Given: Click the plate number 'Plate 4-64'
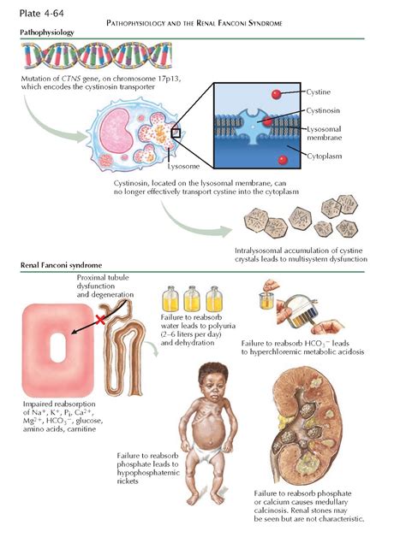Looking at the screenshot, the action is [x=41, y=14].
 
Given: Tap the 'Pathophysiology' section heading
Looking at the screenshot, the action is [x=47, y=32].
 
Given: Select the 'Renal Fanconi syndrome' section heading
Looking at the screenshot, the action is [x=61, y=265].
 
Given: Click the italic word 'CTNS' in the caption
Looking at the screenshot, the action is [x=71, y=79].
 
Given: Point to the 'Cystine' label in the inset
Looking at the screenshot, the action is [x=318, y=92].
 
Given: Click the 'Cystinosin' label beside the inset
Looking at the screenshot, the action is [x=323, y=110].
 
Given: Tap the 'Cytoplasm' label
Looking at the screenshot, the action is [x=325, y=156].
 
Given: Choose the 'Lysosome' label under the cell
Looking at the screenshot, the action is [x=183, y=167].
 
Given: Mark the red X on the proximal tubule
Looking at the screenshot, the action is [x=100, y=320].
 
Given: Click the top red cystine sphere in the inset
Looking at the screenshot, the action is [x=277, y=94].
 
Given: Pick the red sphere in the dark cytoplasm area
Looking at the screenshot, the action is [x=283, y=160].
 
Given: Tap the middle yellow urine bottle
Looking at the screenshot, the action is [x=192, y=298].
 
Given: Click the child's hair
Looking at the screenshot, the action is [x=213, y=373].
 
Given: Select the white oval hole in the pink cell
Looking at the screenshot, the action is [x=57, y=347].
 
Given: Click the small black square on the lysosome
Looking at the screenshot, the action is [x=176, y=133].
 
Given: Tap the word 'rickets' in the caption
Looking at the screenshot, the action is [x=128, y=481].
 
